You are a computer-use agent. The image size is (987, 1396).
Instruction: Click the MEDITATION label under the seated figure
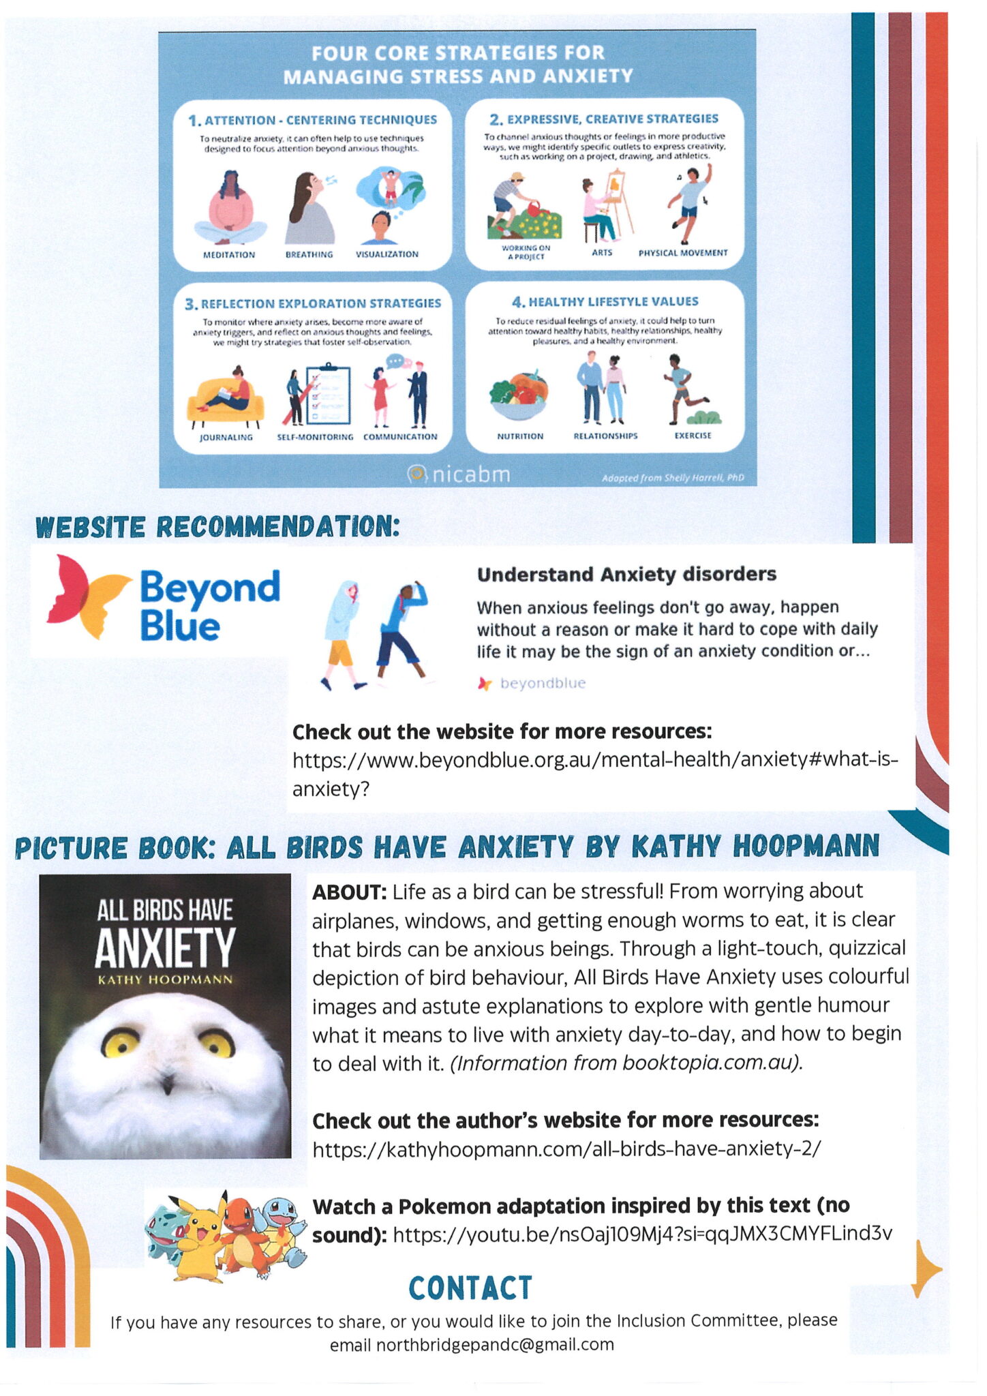pos(228,254)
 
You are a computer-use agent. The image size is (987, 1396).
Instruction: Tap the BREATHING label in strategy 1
pos(309,254)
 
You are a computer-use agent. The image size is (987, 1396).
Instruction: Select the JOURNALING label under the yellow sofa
pos(226,437)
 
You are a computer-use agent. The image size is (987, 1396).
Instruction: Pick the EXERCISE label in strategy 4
pos(693,436)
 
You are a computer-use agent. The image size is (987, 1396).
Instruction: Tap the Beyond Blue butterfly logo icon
pos(87,596)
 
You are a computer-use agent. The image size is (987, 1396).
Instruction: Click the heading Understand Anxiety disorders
pos(626,575)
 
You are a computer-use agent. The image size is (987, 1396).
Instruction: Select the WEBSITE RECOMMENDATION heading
pos(217,527)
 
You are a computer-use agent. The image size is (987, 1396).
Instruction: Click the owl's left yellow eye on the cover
pos(120,1043)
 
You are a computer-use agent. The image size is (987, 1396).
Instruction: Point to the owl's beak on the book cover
pos(166,1082)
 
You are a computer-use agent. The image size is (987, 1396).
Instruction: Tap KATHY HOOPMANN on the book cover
pos(165,980)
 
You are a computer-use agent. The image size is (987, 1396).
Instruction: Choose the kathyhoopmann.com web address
pos(566,1149)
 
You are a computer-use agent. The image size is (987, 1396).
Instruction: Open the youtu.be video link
pos(642,1234)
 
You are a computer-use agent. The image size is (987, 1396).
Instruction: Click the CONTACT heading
pos(470,1288)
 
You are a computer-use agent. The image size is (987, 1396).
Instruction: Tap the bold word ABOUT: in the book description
pos(349,892)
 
